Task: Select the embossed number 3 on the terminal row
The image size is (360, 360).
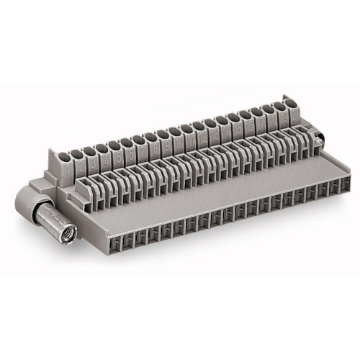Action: [104, 158]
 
